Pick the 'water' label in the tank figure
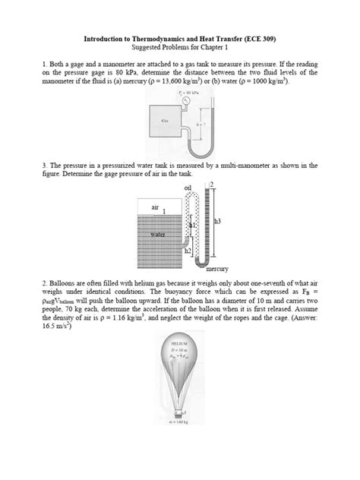coord(158,235)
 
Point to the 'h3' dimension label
coord(218,221)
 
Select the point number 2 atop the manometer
coord(212,185)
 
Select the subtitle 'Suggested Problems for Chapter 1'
coord(179,45)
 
